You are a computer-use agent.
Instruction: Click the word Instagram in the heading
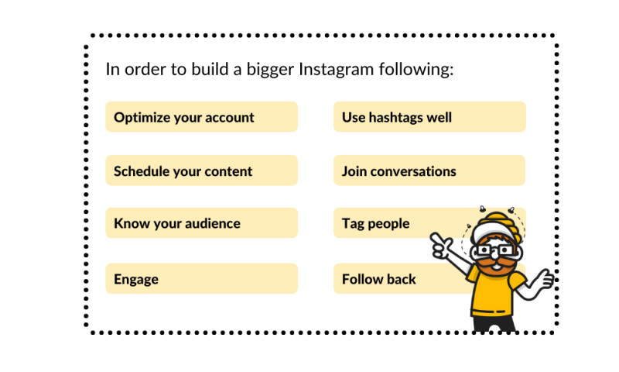pyautogui.click(x=336, y=70)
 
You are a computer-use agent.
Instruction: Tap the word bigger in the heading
pyautogui.click(x=270, y=70)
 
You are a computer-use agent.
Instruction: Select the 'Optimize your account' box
pyautogui.click(x=201, y=116)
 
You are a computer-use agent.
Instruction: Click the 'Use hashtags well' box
pyautogui.click(x=429, y=116)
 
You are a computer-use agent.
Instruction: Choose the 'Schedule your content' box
pyautogui.click(x=201, y=170)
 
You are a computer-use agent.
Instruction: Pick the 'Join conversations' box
pyautogui.click(x=429, y=170)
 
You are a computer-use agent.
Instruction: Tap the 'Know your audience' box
pyautogui.click(x=201, y=223)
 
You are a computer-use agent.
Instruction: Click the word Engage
pyautogui.click(x=136, y=280)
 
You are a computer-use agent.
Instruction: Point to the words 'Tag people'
pyautogui.click(x=375, y=224)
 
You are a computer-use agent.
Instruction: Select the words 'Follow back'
pyautogui.click(x=379, y=279)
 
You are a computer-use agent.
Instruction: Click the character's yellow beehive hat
pyautogui.click(x=497, y=224)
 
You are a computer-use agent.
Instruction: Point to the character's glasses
pyautogui.click(x=494, y=250)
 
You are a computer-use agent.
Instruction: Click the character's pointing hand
pyautogui.click(x=442, y=245)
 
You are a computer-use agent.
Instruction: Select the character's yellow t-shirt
pyautogui.click(x=494, y=291)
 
